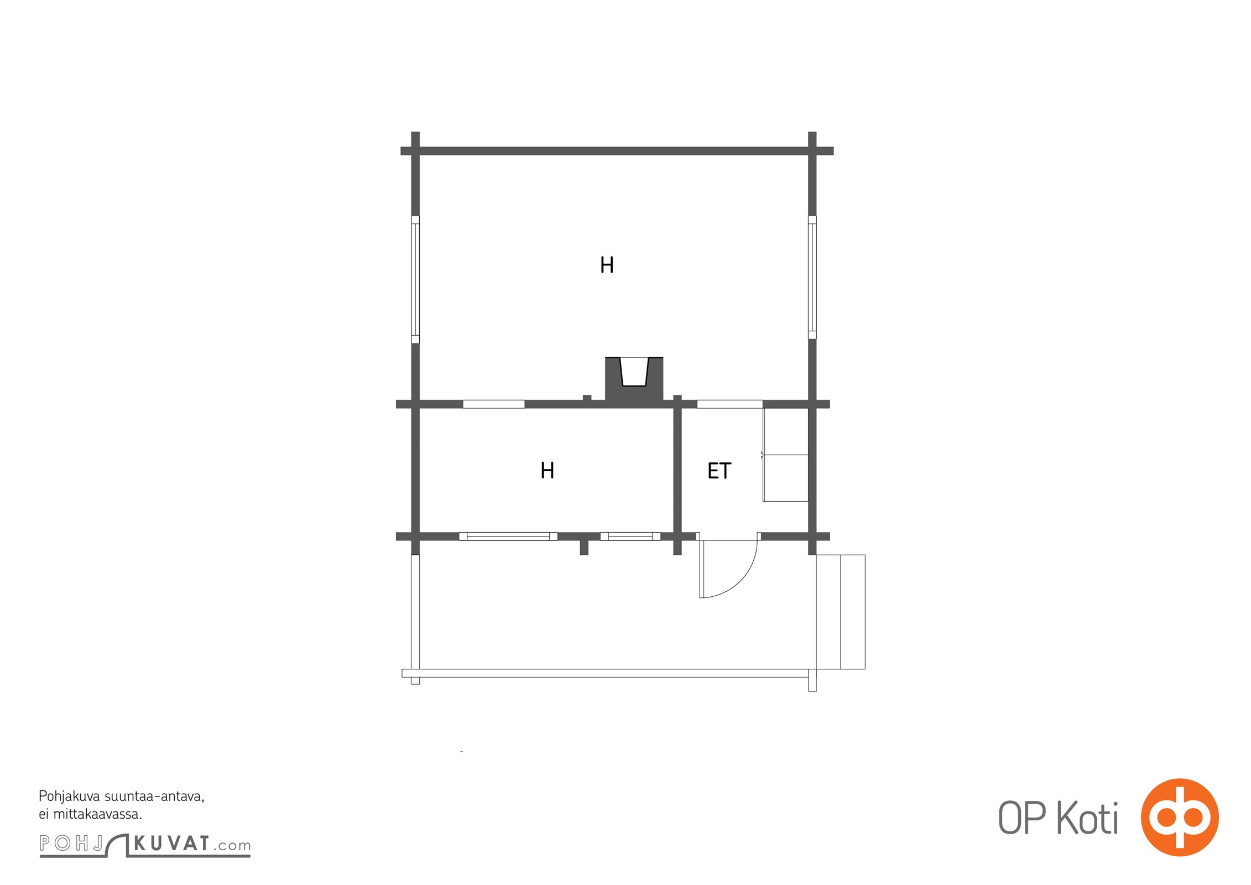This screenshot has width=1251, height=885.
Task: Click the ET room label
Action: click(x=719, y=471)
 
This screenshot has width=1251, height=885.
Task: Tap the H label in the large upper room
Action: click(x=607, y=265)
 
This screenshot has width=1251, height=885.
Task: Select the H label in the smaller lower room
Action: click(x=547, y=470)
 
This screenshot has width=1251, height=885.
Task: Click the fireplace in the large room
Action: click(x=634, y=379)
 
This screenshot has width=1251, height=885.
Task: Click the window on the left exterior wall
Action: click(x=415, y=279)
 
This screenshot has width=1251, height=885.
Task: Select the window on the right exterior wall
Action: click(x=812, y=277)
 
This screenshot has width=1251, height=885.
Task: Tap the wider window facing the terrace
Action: click(x=508, y=536)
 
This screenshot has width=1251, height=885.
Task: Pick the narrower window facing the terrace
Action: click(x=630, y=536)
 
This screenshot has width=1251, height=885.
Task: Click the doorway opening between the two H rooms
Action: click(x=493, y=404)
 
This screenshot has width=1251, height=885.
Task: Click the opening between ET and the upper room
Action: click(x=729, y=404)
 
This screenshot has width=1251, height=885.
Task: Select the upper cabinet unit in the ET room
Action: click(x=785, y=431)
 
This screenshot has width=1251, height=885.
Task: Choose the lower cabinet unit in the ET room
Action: click(x=785, y=478)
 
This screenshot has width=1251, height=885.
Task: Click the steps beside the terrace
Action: click(x=841, y=612)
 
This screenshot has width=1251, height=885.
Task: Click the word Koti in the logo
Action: click(x=1087, y=818)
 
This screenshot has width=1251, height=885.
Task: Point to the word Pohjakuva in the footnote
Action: click(x=70, y=797)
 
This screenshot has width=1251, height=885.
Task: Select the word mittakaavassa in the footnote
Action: click(x=97, y=814)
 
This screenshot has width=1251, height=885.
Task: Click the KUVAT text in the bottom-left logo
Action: click(x=171, y=844)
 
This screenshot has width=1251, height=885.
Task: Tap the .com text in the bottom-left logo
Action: click(x=232, y=846)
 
